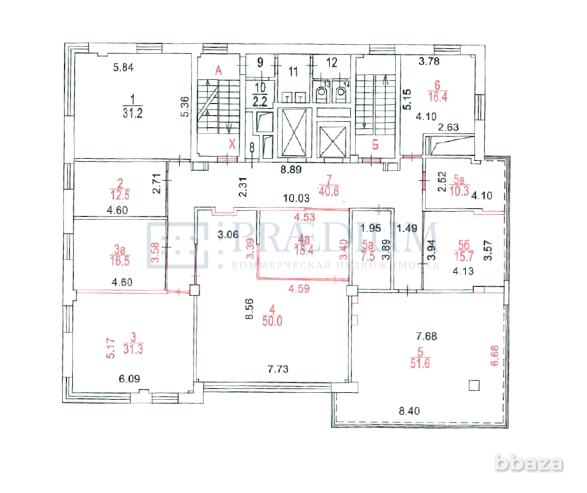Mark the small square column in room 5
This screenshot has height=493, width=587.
[x=473, y=384]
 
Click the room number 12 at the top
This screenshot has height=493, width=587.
[x=332, y=62]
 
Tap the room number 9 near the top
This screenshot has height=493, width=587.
[x=260, y=62]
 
